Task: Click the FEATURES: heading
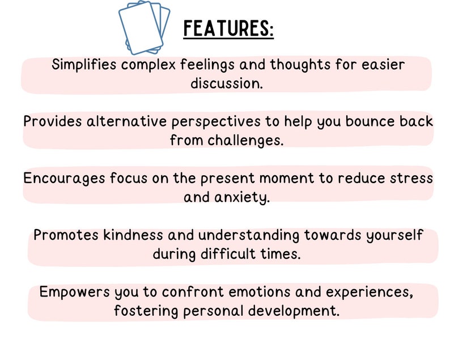tap(228, 28)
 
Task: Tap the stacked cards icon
tap(144, 27)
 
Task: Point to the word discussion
tap(226, 83)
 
